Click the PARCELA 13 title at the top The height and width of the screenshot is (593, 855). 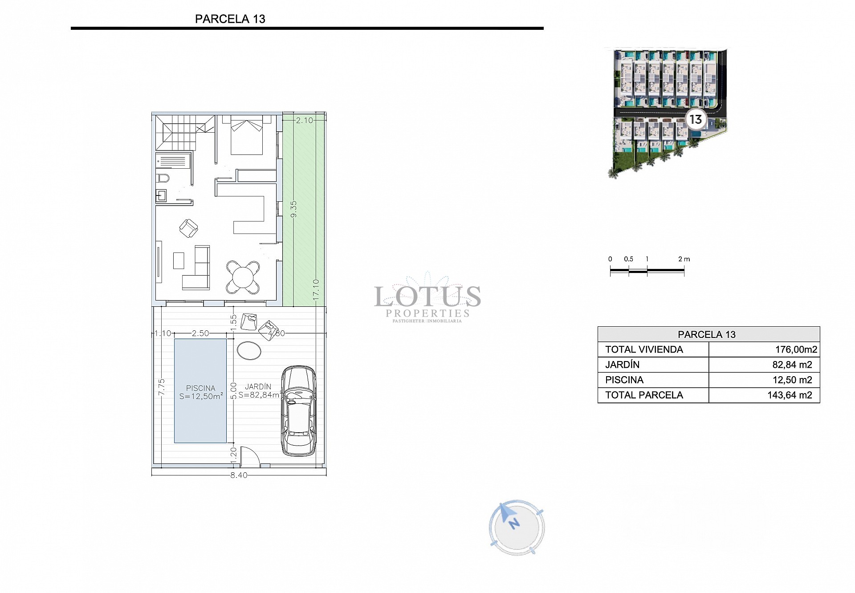230,19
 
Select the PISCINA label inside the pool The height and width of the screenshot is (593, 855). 200,388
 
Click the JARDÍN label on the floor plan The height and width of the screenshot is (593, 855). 258,387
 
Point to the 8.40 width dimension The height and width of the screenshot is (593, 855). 239,475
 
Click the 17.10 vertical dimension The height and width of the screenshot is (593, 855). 316,289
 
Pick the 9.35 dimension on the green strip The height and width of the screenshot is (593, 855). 293,209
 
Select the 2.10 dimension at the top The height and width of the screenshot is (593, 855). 305,120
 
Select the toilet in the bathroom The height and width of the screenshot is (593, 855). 163,178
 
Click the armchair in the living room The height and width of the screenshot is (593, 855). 188,228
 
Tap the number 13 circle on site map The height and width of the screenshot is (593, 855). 695,119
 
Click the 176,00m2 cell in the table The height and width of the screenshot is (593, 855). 796,350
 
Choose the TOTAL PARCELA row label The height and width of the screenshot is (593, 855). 644,395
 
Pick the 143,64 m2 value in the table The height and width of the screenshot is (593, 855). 790,395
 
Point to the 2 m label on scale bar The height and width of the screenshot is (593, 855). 684,259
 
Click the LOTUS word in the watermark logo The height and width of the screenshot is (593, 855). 427,296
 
